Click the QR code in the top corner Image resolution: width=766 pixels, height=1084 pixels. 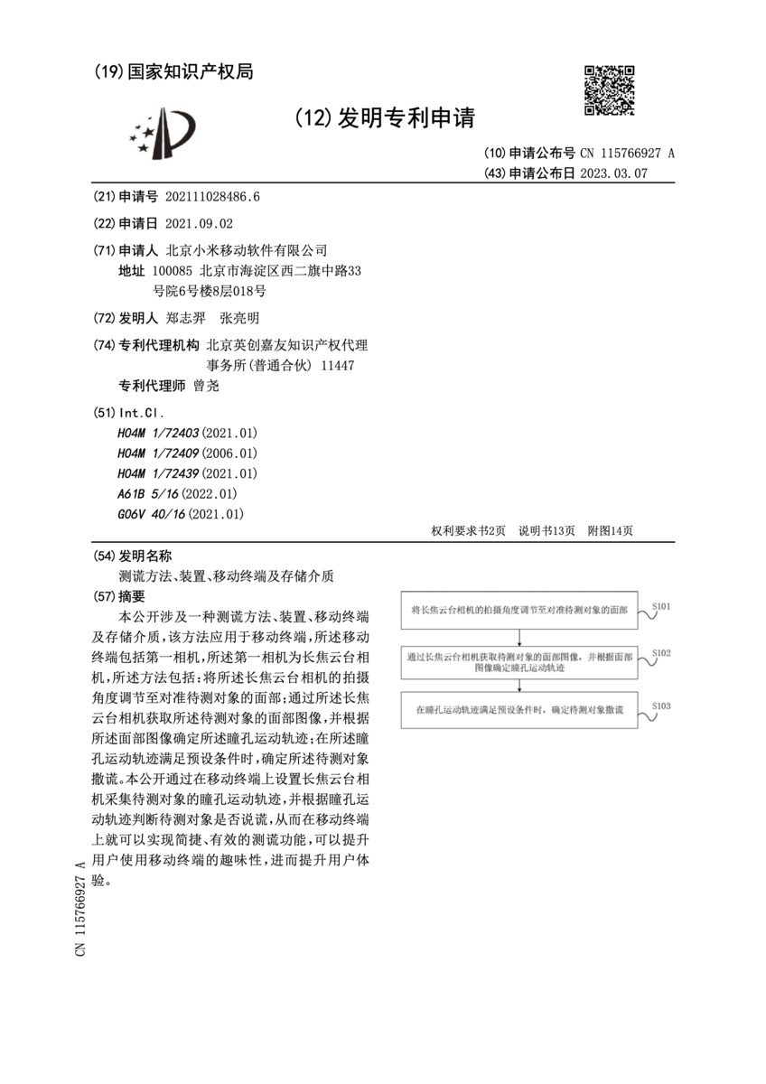607,90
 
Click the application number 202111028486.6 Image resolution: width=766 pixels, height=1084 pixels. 213,197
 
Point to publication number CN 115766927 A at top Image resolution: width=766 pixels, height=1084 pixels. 627,153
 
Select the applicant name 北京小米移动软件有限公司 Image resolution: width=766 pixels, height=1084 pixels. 247,250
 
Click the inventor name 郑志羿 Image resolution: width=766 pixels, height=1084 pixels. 187,318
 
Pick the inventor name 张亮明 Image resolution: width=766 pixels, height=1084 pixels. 239,318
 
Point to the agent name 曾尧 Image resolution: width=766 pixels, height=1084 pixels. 206,386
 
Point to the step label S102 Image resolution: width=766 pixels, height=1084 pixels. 660,652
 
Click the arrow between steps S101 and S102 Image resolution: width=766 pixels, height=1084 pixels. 519,639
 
